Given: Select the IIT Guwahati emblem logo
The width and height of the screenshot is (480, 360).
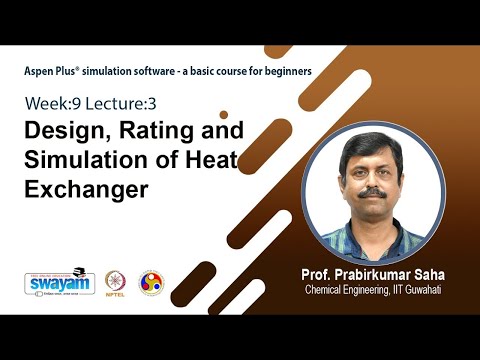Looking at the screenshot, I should pos(150,282).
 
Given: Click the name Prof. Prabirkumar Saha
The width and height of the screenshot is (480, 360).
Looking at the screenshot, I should pos(371,274).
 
